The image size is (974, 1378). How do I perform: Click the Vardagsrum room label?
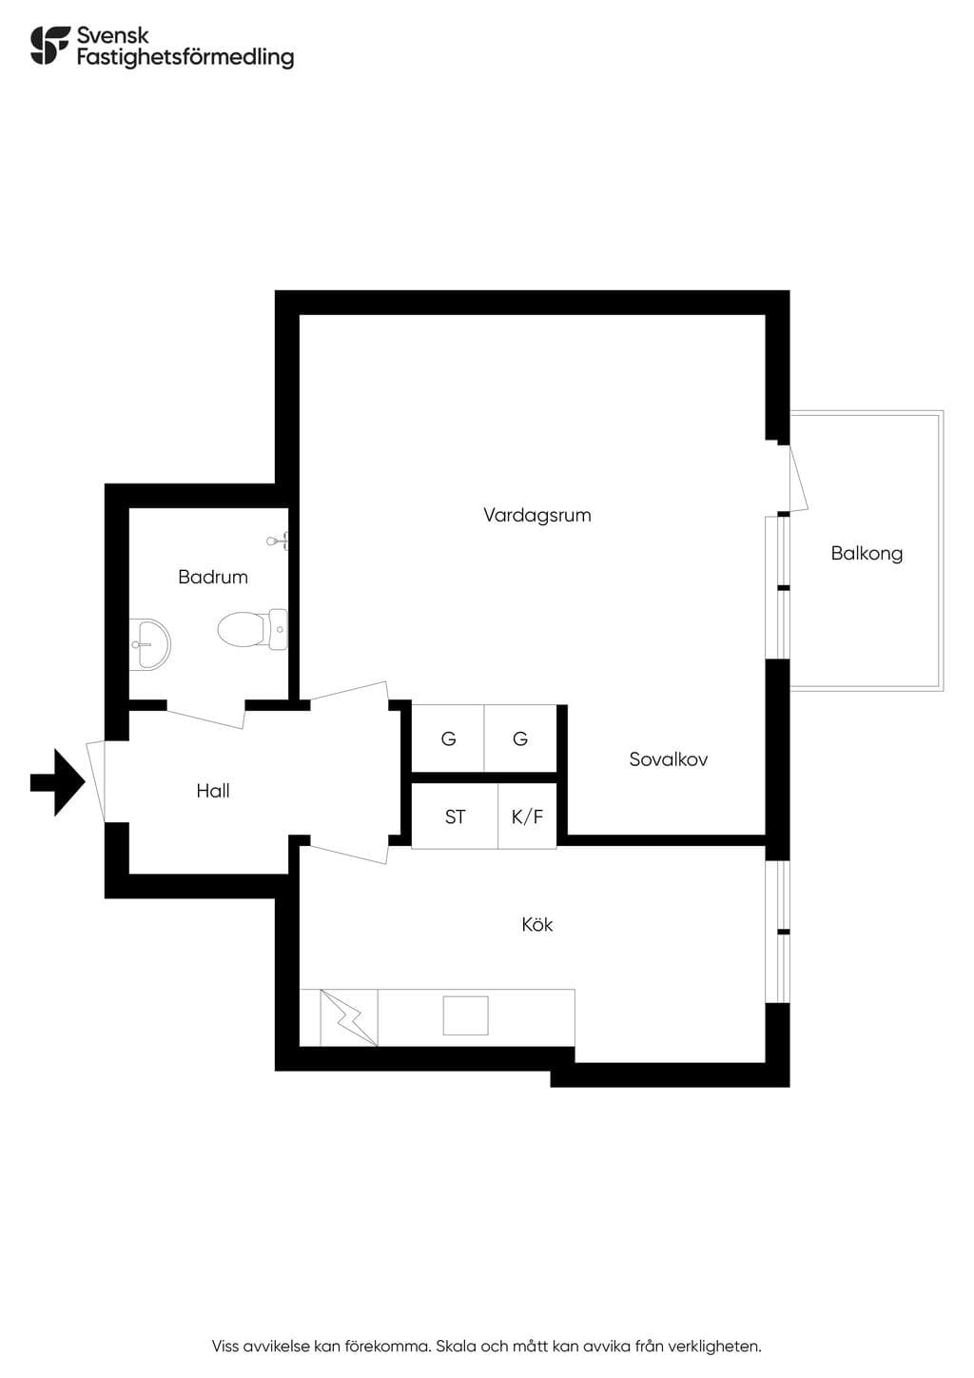click(536, 515)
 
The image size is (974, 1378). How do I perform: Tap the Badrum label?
click(213, 577)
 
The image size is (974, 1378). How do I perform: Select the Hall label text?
click(213, 791)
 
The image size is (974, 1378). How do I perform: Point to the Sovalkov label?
click(668, 759)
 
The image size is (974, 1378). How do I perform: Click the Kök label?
click(536, 924)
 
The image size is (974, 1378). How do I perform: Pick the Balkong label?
click(867, 554)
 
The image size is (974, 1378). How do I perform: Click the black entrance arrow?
click(57, 782)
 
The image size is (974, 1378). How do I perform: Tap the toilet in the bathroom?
click(253, 629)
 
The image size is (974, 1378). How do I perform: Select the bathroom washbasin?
click(149, 644)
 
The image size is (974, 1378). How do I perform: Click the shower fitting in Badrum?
click(278, 541)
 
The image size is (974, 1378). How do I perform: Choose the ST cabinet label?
click(455, 817)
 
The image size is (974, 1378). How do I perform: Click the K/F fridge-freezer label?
click(527, 817)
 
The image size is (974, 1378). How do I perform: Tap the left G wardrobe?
click(448, 738)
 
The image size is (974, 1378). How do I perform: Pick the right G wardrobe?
click(520, 738)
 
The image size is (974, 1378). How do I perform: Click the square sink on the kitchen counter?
click(465, 1015)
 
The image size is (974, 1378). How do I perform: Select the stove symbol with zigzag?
click(349, 1017)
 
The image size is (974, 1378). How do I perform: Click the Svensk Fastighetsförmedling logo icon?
click(50, 45)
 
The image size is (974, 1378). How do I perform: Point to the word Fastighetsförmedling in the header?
click(185, 58)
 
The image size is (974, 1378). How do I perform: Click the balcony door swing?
click(798, 479)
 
